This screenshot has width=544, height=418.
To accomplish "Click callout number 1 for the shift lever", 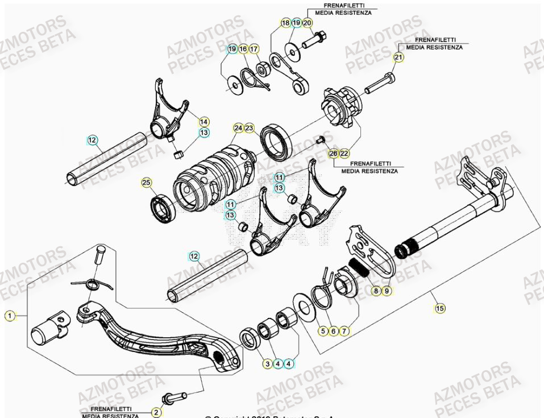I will [x=9, y=315].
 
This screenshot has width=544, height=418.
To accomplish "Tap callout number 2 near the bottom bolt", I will [x=157, y=412].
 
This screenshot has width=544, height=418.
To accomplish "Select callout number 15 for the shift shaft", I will [x=439, y=308].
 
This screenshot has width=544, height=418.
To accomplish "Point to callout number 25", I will [x=147, y=183].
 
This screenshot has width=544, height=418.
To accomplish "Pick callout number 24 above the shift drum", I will [x=238, y=128].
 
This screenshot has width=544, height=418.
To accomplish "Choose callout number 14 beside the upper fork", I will [x=204, y=121].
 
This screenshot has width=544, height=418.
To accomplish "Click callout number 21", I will [x=398, y=57].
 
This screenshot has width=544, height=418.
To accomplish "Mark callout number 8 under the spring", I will [x=376, y=291].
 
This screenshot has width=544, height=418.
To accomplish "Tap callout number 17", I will [x=254, y=49].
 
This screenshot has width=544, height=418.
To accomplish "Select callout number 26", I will [x=333, y=153].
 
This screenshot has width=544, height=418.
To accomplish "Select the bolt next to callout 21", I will [x=377, y=84].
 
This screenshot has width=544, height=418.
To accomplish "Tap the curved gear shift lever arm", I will [x=153, y=341].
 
